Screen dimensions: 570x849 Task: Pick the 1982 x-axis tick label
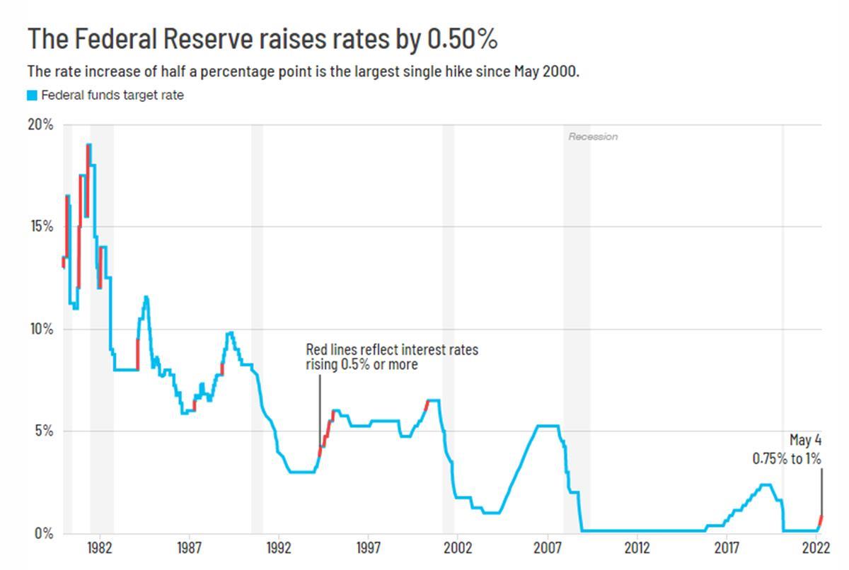[x=98, y=547]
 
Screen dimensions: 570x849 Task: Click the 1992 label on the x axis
[x=278, y=547]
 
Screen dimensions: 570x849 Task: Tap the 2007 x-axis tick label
[x=548, y=547]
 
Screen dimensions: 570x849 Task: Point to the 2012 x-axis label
[x=637, y=547]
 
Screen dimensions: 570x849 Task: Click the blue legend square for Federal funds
[x=32, y=95]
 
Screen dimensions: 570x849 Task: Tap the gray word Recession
[x=593, y=136]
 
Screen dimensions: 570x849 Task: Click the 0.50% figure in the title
[x=463, y=40]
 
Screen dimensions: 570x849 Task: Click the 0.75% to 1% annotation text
[x=787, y=458]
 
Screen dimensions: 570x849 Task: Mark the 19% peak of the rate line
[x=88, y=144]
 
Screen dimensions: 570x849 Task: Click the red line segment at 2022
[x=820, y=522]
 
